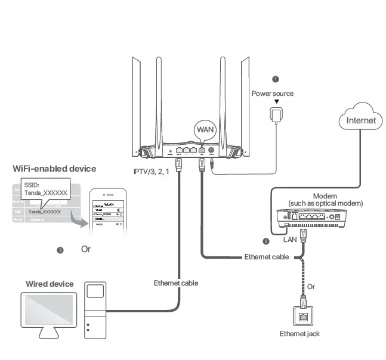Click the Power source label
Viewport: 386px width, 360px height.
[272, 94]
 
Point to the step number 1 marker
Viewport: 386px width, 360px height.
[275, 79]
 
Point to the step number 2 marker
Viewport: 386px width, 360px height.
[266, 241]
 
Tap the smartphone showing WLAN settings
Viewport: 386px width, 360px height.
[108, 215]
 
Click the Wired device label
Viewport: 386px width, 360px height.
[50, 284]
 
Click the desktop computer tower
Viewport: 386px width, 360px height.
[95, 310]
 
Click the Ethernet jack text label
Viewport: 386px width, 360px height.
[300, 334]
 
